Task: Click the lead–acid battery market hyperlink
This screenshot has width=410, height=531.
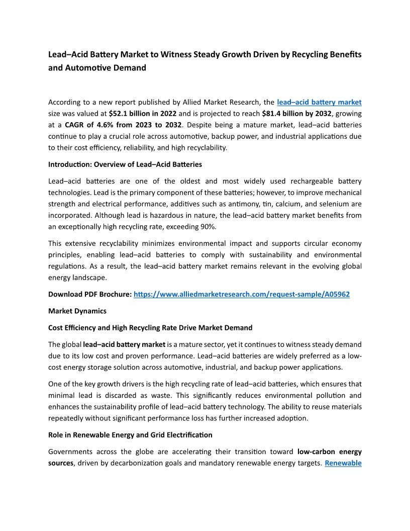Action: pyautogui.click(x=319, y=102)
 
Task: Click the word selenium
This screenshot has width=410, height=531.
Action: pyautogui.click(x=333, y=204)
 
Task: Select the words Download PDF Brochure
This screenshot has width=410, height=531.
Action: pyautogui.click(x=90, y=294)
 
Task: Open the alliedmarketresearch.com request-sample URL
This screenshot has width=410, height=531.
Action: pyautogui.click(x=241, y=294)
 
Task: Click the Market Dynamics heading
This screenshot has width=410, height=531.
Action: pyautogui.click(x=77, y=311)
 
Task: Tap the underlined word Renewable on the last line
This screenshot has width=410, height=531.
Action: pyautogui.click(x=343, y=463)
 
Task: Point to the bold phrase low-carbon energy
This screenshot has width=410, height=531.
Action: pyautogui.click(x=329, y=452)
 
